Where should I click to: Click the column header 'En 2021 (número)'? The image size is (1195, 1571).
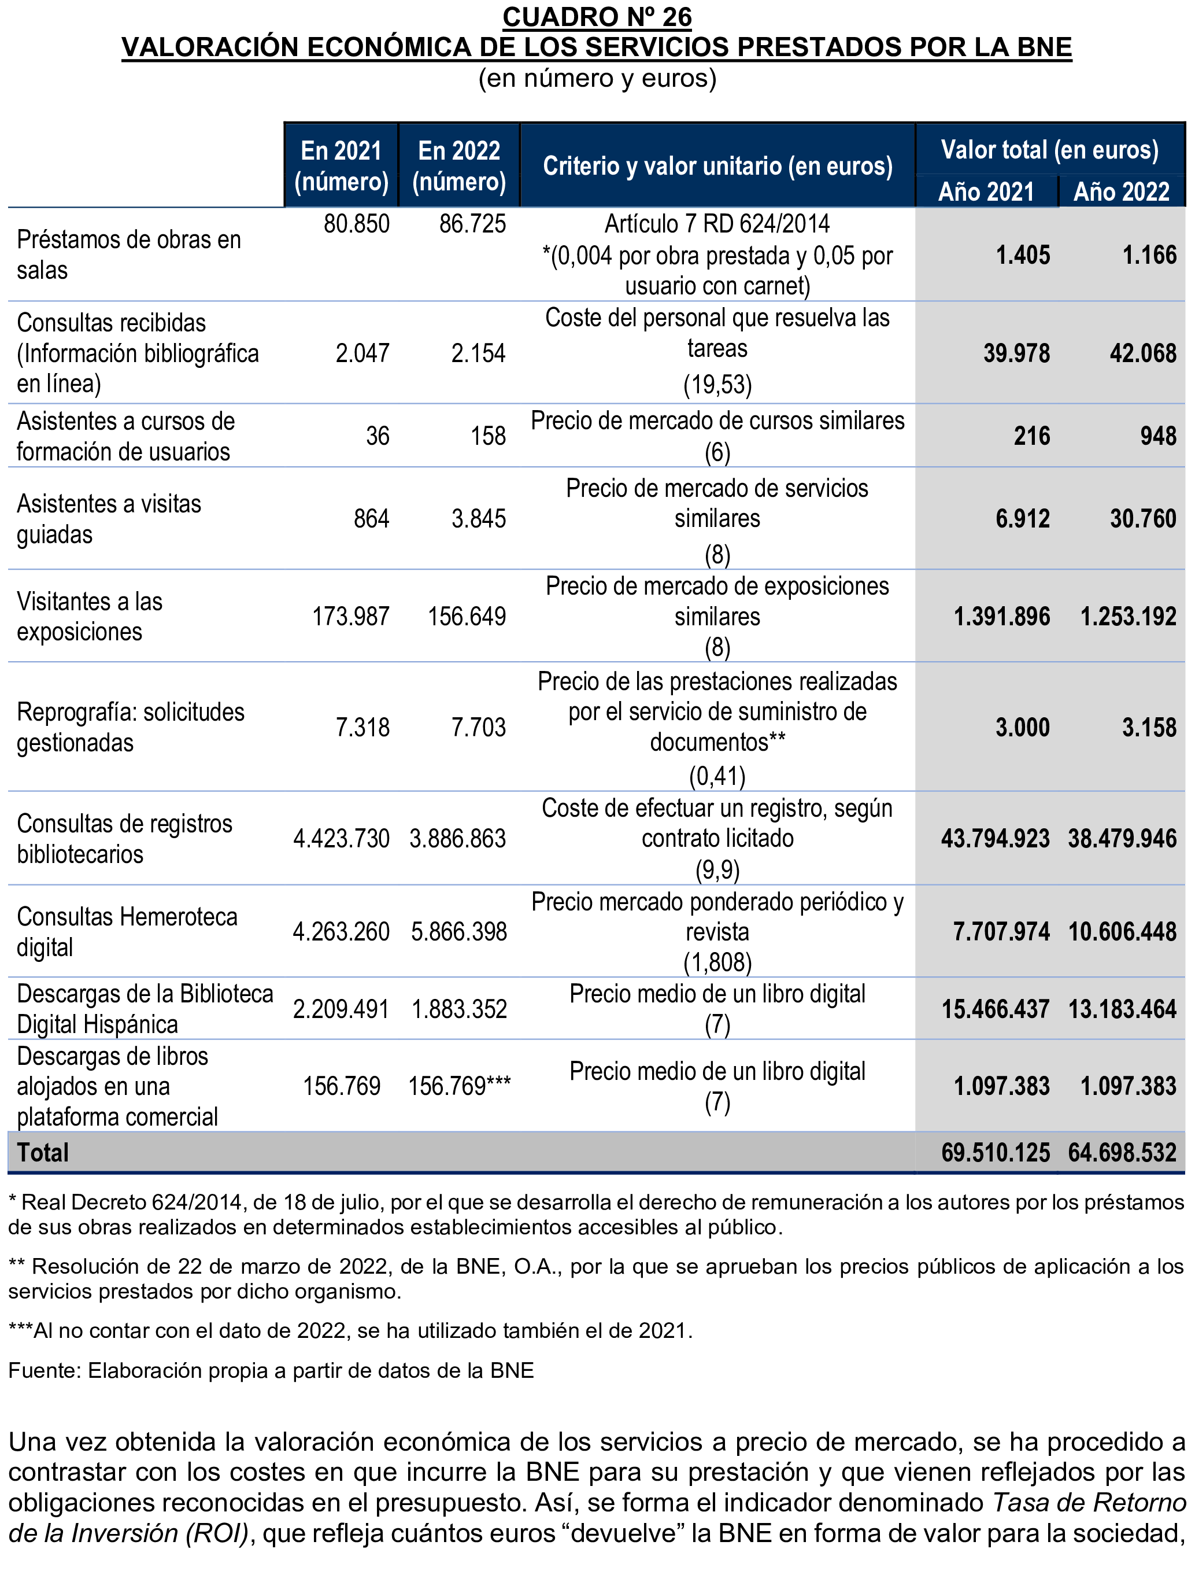tap(342, 166)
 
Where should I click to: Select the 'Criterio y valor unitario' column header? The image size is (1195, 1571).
tap(717, 166)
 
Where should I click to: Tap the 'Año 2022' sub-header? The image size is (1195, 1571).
tap(1121, 191)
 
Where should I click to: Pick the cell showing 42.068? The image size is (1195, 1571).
tap(1142, 353)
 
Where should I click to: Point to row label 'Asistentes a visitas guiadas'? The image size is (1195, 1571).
tap(109, 519)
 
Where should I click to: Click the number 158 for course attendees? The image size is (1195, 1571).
tap(488, 436)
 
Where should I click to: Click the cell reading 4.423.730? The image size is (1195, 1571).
tap(342, 838)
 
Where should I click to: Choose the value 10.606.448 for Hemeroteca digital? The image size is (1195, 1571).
tap(1122, 931)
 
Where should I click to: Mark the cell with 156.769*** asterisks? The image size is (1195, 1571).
tap(460, 1086)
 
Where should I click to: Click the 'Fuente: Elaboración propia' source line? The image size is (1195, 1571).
tap(271, 1370)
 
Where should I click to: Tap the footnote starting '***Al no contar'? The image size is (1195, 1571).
tap(350, 1330)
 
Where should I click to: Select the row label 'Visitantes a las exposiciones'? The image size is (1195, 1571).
tap(90, 616)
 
